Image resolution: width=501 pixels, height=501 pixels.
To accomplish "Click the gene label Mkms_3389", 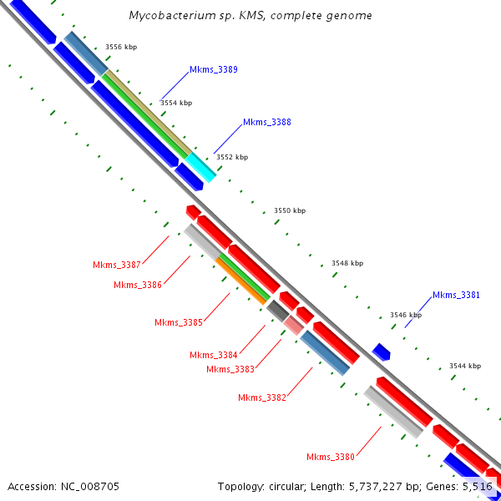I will (x=214, y=69).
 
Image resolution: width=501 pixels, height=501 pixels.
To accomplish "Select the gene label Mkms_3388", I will (x=267, y=122).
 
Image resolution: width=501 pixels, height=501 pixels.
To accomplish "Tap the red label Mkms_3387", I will (x=117, y=265).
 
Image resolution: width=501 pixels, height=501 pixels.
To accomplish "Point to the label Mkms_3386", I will (x=138, y=285).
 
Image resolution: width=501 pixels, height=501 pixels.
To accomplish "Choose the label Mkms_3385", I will (x=179, y=322).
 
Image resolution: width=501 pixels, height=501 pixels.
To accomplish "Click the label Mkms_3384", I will (x=214, y=355).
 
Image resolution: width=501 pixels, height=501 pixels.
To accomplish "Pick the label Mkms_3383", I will (x=230, y=369).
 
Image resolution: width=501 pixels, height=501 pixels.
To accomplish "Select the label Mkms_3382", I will (x=262, y=397).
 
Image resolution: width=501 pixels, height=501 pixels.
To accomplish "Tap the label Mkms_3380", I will (x=331, y=457).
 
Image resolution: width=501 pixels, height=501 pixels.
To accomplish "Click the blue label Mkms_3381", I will (x=457, y=295).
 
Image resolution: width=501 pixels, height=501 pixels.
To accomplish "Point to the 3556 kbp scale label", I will (x=121, y=47).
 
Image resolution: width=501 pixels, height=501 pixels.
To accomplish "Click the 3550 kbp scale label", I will (x=290, y=210).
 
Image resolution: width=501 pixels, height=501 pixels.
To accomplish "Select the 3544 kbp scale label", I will (x=465, y=366).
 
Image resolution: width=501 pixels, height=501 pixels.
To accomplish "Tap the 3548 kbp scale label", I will (x=347, y=263).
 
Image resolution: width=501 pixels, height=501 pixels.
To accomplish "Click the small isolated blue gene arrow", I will (x=382, y=352).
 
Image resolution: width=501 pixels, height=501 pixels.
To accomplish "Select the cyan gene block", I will (x=200, y=167).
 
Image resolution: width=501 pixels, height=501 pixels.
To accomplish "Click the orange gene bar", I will (x=241, y=280).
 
